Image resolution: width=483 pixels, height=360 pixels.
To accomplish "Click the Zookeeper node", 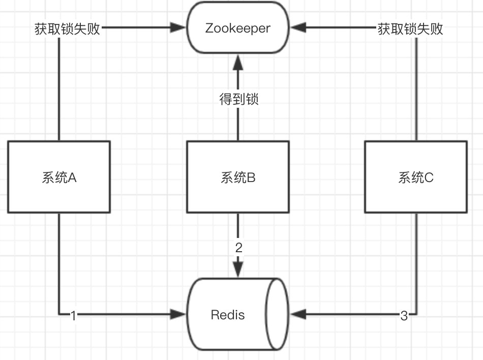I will point(237,28).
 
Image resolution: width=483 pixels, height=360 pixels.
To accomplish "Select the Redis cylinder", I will point(237,314).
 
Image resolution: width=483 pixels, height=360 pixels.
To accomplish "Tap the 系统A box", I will point(59,177).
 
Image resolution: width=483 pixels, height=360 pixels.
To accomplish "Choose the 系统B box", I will point(237,177).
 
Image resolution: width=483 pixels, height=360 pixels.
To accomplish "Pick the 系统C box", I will point(416,177).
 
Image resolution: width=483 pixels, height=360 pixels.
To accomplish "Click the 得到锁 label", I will point(238,99).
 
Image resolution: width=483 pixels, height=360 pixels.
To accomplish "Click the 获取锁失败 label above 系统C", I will point(410,28).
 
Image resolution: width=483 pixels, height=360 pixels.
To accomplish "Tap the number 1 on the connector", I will point(73,316).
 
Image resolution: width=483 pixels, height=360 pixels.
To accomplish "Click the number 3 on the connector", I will point(404,316).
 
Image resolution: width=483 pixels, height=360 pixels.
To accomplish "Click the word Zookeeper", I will point(237,28).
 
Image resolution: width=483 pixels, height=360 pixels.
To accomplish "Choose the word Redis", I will point(228,315).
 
